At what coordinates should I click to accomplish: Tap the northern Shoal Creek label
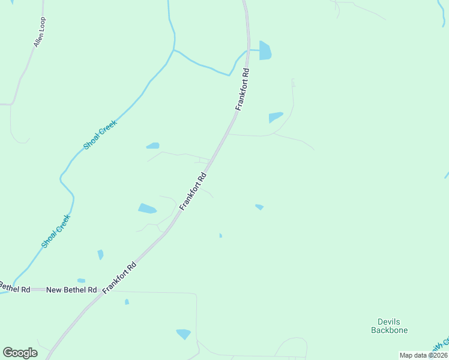100,135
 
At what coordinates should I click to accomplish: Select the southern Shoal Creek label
56,231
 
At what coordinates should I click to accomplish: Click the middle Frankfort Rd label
193,191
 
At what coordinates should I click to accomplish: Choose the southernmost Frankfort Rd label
119,277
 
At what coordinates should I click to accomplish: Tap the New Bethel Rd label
71,290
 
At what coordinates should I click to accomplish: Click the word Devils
389,322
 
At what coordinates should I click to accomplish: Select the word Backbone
389,330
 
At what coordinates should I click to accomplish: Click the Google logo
20,353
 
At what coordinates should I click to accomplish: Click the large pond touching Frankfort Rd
265,50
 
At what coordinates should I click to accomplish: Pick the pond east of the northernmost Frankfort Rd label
276,116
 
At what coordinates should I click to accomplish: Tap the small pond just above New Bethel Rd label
81,280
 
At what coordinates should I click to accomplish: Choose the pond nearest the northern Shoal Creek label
153,145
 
